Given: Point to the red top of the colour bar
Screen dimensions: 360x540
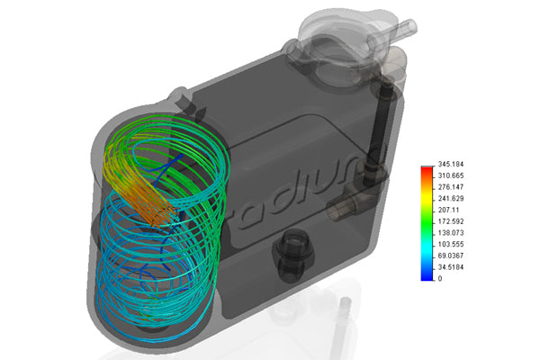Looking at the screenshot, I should coord(426,170).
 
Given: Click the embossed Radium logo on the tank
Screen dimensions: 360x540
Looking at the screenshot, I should coord(297,189).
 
